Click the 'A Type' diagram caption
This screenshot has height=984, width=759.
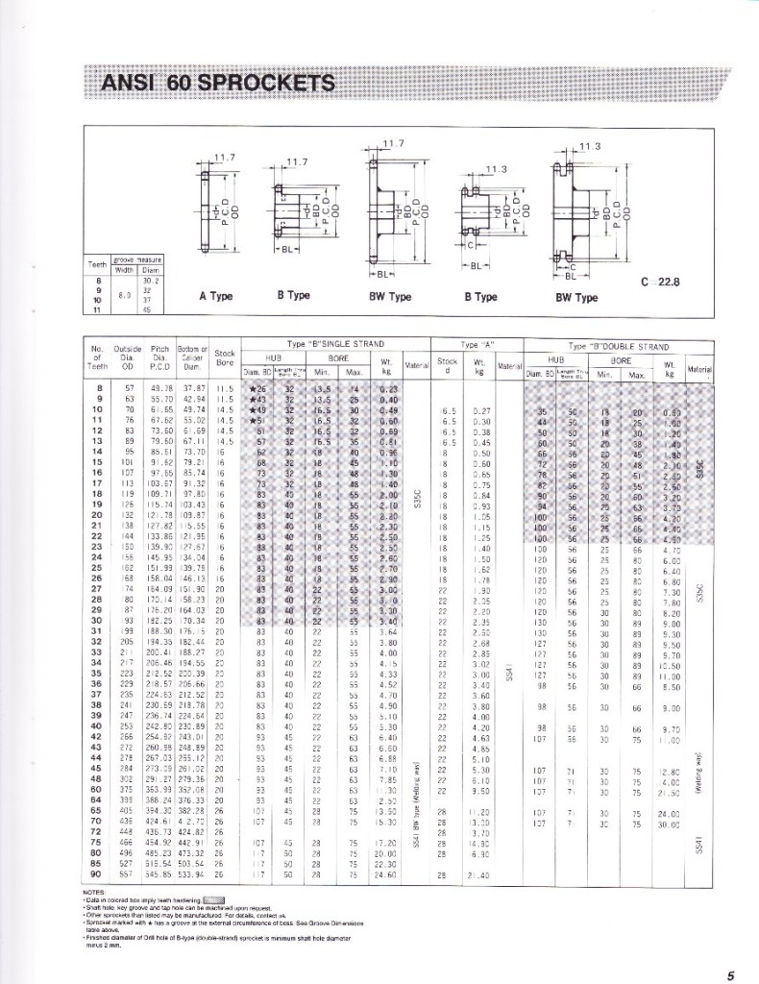pos(216,296)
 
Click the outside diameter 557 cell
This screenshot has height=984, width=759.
pos(127,875)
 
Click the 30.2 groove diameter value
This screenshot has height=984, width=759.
pos(148,280)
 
